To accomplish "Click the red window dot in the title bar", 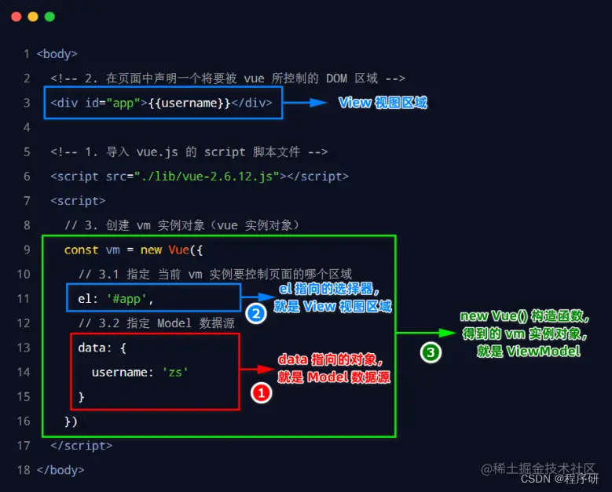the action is click(x=15, y=16).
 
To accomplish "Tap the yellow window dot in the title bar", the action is click(x=32, y=16).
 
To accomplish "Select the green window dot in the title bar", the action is click(x=49, y=16).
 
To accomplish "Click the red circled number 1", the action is click(x=261, y=393).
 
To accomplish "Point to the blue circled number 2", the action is click(x=255, y=314).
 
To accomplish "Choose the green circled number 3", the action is click(x=431, y=353).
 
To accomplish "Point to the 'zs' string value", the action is click(x=175, y=372).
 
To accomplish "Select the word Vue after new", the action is click(x=178, y=250).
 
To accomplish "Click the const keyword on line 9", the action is click(x=82, y=250).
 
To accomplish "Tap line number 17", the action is click(x=24, y=446).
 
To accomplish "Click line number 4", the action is click(x=27, y=127).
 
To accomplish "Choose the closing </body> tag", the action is click(x=60, y=470).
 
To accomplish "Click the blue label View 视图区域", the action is click(x=383, y=103).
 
